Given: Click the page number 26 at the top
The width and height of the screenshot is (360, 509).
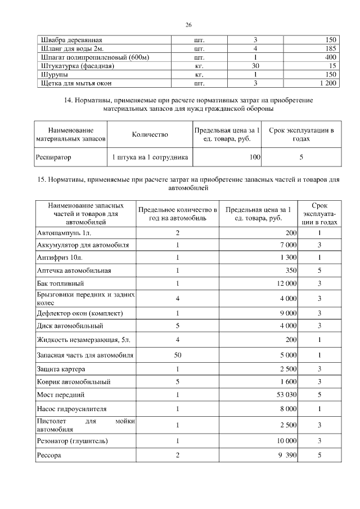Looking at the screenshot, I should point(188,25).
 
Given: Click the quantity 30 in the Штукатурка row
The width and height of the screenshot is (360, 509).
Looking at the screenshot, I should point(255,66).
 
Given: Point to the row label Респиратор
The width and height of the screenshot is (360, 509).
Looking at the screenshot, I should point(54,157).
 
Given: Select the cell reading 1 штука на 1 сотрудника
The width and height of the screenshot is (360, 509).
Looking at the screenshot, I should point(150,157).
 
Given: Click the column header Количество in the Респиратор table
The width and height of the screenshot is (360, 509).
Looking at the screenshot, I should point(150,134).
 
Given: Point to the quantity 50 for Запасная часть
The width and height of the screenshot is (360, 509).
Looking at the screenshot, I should point(178,355).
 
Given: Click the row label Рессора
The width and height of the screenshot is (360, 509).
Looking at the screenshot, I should point(48,454).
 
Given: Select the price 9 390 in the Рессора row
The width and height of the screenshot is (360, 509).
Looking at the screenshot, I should point(287,454).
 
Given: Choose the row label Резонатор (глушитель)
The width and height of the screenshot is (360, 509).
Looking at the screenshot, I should point(72,440).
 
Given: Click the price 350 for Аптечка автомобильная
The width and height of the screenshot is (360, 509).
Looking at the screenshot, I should point(291,270).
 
